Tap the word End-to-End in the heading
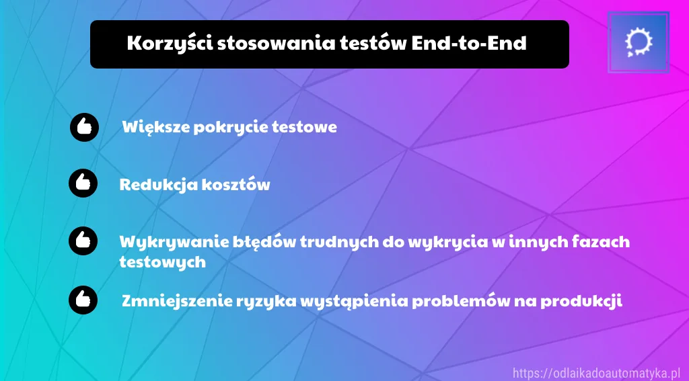click(x=469, y=43)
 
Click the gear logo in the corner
click(x=639, y=42)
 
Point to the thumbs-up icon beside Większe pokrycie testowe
click(x=84, y=127)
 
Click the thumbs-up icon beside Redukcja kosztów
click(x=83, y=183)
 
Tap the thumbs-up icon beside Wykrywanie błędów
click(x=83, y=241)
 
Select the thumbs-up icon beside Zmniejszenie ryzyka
click(x=83, y=300)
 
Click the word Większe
click(x=155, y=128)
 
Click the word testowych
click(x=163, y=263)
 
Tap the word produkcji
click(x=581, y=301)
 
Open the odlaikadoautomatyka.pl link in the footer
click(x=596, y=374)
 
